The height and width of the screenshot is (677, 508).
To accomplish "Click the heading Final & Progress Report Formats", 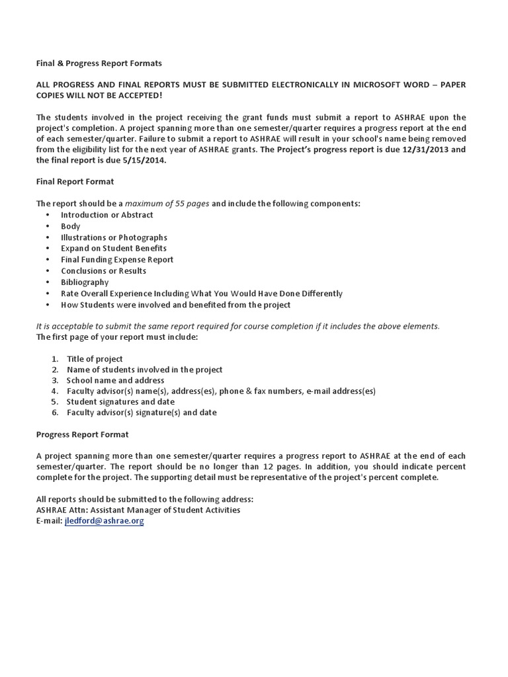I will coord(99,63).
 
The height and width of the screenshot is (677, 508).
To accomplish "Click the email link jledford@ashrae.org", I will coord(104,521).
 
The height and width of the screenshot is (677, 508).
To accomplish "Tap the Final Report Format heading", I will coord(75,181).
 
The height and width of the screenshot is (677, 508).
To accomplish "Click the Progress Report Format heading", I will coord(83,434).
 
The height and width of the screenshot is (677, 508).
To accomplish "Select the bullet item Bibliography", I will coord(85,282).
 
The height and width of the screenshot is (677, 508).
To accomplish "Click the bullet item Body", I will coord(70,226).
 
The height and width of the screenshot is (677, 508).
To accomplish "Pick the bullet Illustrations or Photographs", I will coord(114,237).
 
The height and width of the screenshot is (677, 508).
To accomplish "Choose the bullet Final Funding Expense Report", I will coord(117,260).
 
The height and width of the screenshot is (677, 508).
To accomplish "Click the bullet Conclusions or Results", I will coord(104,271).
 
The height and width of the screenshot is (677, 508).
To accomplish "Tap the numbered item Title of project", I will coord(95,359).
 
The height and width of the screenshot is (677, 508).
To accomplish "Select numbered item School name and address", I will coord(116,380).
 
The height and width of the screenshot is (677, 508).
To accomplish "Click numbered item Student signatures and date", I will coord(120,401).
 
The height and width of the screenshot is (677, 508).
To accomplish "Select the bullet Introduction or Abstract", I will coord(107,215).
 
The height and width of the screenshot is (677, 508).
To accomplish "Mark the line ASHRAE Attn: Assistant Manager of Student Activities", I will coord(138,510).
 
